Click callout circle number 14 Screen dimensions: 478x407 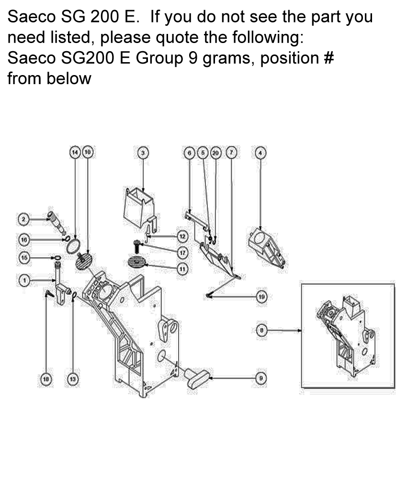click(75, 152)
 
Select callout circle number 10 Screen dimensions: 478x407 click(88, 152)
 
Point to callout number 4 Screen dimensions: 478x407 click(260, 152)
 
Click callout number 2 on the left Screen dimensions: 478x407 click(23, 219)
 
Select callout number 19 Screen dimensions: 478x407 click(261, 297)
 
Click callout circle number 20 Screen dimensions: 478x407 click(215, 152)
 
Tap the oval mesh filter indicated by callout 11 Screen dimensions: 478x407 click(137, 262)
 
